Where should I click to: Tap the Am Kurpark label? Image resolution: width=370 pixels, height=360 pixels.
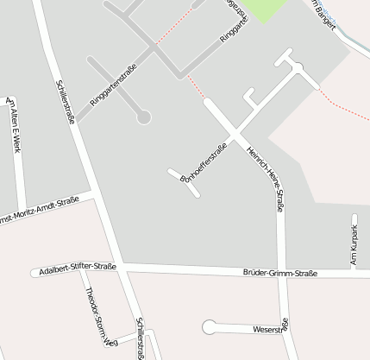tap(354, 244)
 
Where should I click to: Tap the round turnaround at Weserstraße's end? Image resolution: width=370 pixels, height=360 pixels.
tap(209, 327)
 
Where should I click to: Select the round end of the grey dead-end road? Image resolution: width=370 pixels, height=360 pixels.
tap(143, 116)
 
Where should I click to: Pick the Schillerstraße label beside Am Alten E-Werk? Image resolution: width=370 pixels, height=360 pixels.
tap(66, 101)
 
